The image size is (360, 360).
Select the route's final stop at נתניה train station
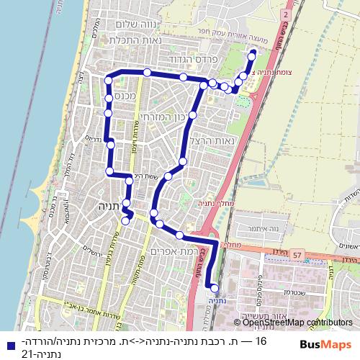point(214,288)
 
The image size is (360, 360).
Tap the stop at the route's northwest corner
point(109,78)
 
